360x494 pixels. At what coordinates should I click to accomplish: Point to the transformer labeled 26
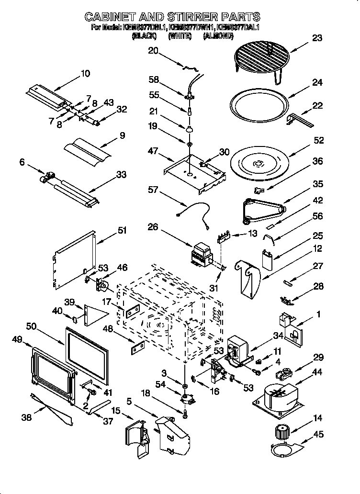(202, 253)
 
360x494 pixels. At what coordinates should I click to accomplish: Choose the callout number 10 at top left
(85, 73)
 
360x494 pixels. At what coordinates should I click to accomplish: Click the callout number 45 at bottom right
(317, 434)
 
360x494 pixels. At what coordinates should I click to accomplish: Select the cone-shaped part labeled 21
(190, 128)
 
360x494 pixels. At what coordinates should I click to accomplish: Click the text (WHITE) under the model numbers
(180, 36)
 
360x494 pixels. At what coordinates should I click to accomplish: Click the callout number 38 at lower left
(27, 417)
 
